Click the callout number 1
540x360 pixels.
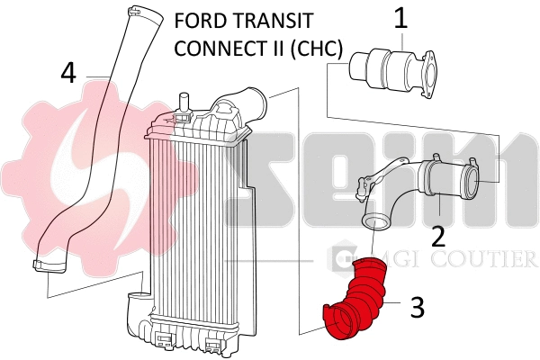pos(400,16)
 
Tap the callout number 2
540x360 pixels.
pos(438,236)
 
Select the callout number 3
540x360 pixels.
pos(417,307)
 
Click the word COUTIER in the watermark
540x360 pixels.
pos(491,260)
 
